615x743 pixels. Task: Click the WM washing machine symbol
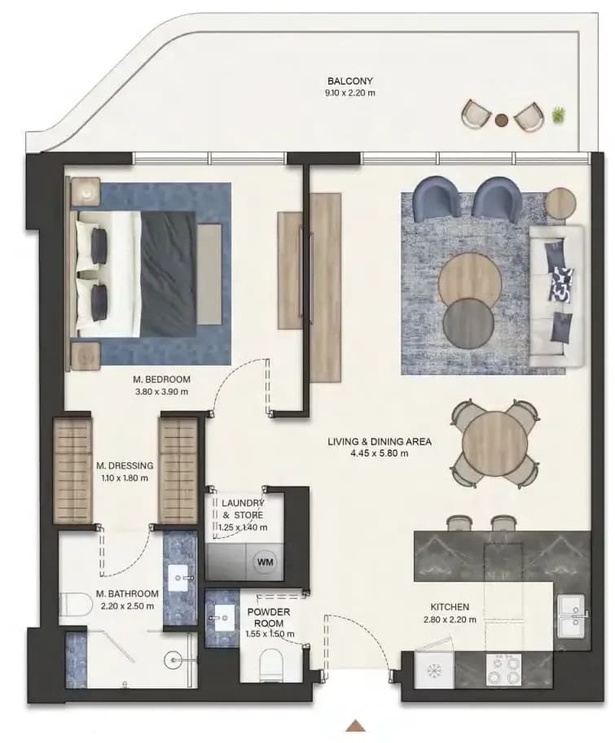click(x=265, y=562)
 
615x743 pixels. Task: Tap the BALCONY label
click(x=350, y=81)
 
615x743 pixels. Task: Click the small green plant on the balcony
click(x=559, y=114)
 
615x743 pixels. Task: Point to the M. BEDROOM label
click(x=162, y=379)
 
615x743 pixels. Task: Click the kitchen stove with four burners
click(x=504, y=670)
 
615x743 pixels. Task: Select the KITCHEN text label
click(x=450, y=607)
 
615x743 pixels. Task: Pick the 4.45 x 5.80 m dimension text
click(x=380, y=453)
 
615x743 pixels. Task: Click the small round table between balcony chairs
click(x=501, y=120)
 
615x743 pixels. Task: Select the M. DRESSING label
click(x=125, y=465)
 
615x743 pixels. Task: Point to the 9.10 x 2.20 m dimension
click(x=350, y=93)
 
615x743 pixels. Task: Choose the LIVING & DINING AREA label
click(x=380, y=442)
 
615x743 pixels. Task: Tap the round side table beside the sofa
click(x=560, y=203)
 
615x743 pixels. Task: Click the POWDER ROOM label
click(x=269, y=618)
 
